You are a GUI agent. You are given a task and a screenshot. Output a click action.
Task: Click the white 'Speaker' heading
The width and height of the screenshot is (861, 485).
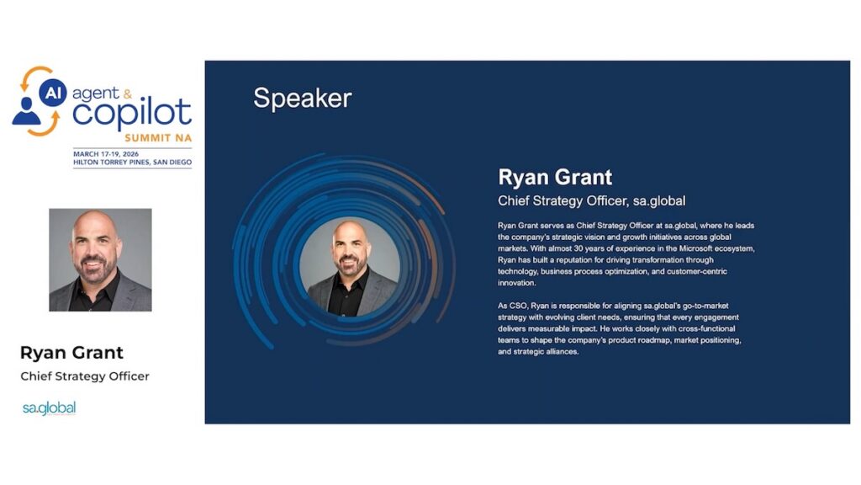tap(302, 99)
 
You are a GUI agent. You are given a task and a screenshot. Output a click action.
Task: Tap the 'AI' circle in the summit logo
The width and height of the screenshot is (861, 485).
tap(53, 93)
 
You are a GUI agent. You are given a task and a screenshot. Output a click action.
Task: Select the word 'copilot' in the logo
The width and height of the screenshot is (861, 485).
tap(132, 112)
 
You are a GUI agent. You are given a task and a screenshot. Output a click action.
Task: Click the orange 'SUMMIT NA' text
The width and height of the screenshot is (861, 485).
tap(158, 138)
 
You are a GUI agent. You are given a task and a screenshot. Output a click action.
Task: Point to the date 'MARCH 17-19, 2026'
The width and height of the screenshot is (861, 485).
tap(106, 154)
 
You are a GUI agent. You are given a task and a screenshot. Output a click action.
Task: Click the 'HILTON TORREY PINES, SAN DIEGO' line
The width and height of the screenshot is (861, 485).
tap(132, 163)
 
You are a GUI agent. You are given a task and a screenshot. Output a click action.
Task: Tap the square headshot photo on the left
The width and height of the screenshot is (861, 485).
tap(101, 260)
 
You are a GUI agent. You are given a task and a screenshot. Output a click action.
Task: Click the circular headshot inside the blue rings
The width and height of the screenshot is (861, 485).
tap(350, 267)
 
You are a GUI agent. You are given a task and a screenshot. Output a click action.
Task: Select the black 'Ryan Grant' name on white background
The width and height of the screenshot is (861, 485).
tap(71, 353)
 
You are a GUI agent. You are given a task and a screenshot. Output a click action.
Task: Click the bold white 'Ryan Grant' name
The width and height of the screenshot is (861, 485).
tap(555, 177)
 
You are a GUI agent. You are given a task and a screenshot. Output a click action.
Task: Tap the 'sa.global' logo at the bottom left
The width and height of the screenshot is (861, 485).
tap(50, 408)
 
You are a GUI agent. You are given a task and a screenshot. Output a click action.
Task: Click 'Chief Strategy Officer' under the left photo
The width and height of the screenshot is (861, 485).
tap(85, 376)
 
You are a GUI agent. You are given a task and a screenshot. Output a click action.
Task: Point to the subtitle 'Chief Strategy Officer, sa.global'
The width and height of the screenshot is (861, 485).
tap(591, 201)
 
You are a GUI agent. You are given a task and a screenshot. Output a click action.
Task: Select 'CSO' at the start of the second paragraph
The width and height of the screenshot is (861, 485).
tap(518, 306)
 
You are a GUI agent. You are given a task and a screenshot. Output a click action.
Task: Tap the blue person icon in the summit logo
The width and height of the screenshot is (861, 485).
tap(26, 111)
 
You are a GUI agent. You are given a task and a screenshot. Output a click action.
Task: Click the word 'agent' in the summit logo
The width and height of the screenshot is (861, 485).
tap(95, 94)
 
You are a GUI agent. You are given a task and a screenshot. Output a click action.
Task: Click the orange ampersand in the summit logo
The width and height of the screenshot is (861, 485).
tap(128, 94)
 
